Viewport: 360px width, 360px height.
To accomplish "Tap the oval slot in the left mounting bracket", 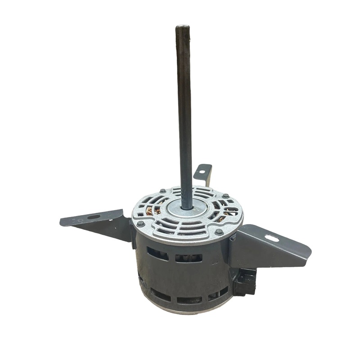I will [94, 217].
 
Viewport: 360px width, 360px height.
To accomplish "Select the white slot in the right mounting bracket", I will [271, 237].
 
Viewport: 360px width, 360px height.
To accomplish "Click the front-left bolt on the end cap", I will [141, 223].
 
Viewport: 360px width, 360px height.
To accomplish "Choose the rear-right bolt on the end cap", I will [224, 198].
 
